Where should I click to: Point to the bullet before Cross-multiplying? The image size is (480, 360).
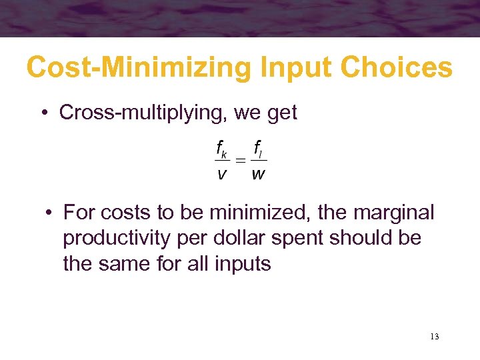pyautogui.click(x=43, y=113)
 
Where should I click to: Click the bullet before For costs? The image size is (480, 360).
pyautogui.click(x=49, y=213)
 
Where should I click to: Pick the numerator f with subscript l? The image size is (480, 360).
pyautogui.click(x=259, y=150)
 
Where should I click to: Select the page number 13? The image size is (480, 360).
pyautogui.click(x=434, y=337)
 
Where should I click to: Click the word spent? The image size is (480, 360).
pyautogui.click(x=304, y=239)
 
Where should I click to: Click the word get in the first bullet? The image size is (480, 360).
pyautogui.click(x=280, y=113)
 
